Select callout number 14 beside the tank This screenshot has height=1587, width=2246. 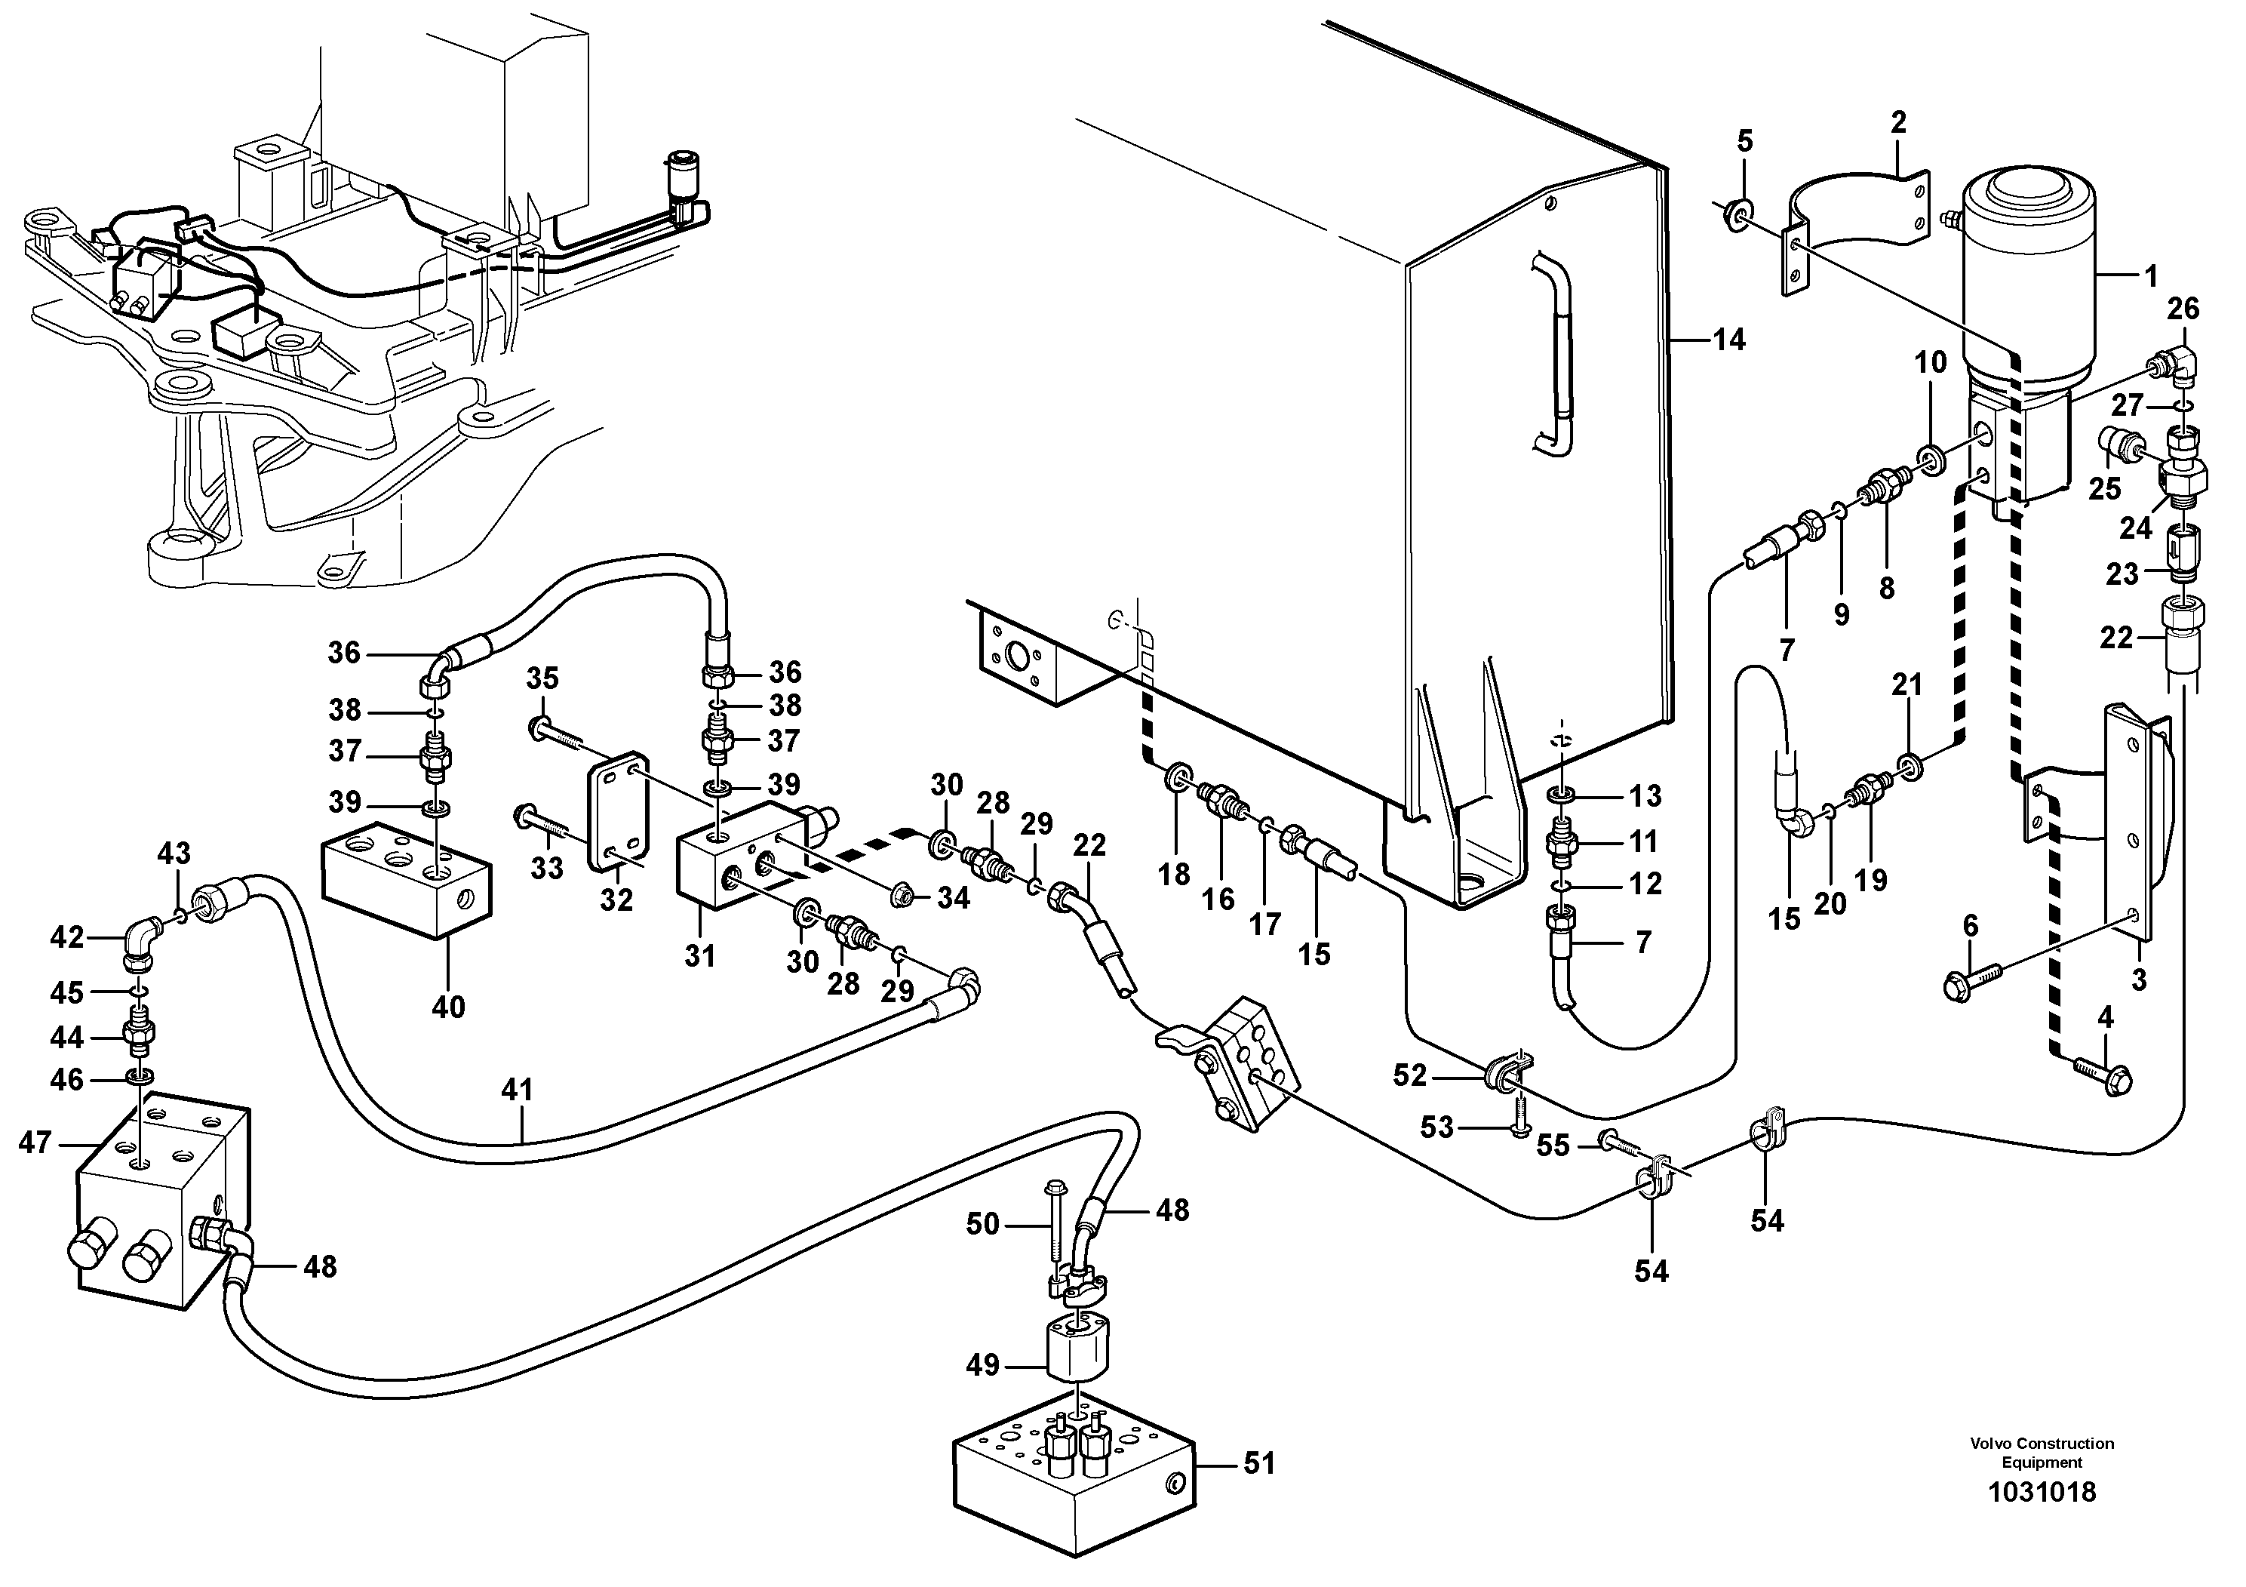(1728, 340)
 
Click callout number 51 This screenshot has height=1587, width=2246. (1259, 1464)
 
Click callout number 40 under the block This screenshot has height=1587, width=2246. (448, 1006)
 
